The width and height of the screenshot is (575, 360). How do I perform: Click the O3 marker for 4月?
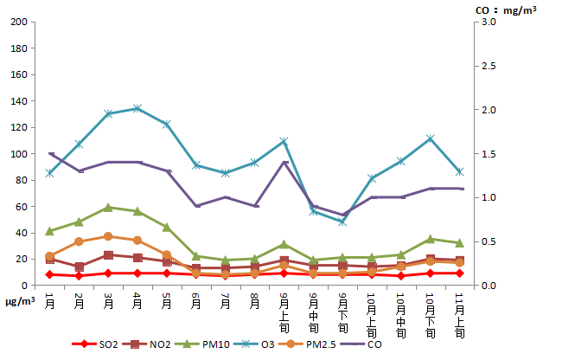[137, 108]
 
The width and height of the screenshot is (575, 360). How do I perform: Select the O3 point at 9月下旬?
[342, 222]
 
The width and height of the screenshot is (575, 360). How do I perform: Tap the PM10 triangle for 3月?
[108, 208]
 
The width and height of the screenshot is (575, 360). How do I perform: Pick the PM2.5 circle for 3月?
[108, 236]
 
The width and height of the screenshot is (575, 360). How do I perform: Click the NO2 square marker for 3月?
[108, 255]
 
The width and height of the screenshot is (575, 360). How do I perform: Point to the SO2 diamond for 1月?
[50, 274]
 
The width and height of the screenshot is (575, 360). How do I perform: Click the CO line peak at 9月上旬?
[284, 163]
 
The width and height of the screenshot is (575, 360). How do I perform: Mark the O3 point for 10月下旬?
[430, 138]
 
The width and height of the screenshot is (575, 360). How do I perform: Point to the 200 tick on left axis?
[18, 22]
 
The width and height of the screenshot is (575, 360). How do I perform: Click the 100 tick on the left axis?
[18, 154]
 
